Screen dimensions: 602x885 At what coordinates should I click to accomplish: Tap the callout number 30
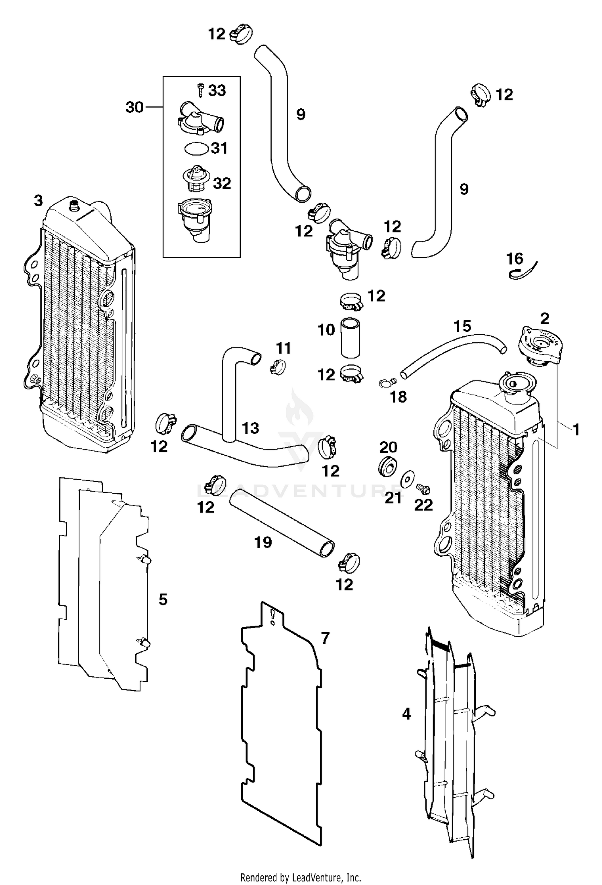(x=134, y=108)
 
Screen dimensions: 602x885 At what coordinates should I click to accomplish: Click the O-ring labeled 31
(x=196, y=149)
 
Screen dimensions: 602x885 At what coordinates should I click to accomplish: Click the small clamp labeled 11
(x=277, y=366)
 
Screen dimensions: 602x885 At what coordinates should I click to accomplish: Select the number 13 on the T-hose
(x=250, y=428)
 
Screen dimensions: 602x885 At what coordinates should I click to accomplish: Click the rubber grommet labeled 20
(x=388, y=465)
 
